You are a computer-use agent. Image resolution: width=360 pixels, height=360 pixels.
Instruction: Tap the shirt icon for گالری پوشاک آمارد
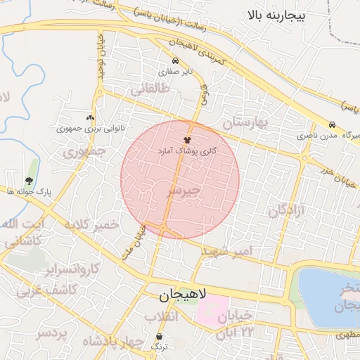188,140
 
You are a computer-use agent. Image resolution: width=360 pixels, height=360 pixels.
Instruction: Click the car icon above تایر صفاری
175,60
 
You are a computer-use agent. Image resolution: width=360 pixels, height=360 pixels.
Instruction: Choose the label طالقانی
149,89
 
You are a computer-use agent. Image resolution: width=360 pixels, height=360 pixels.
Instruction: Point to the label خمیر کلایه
106,225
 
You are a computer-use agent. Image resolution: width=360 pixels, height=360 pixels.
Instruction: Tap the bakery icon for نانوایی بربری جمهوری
89,118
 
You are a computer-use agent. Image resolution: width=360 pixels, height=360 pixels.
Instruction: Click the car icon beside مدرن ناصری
332,122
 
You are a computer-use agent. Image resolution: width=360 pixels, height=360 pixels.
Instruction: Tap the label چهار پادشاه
108,342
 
